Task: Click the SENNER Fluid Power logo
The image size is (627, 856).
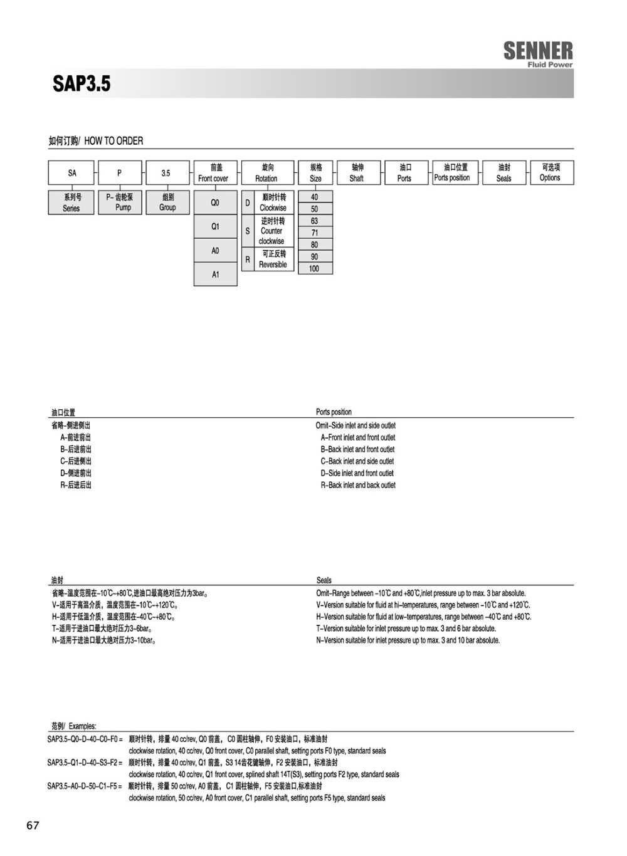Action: click(538, 53)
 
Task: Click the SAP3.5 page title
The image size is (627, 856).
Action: click(82, 83)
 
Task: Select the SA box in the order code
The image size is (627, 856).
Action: click(72, 173)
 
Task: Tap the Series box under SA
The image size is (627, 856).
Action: click(71, 202)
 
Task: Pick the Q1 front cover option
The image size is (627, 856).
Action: click(215, 227)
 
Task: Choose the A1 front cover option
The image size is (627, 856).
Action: click(215, 274)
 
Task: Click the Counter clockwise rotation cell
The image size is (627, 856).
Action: click(273, 231)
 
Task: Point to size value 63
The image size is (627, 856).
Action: click(314, 221)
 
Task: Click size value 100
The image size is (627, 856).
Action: click(314, 269)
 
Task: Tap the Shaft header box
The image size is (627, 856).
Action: click(357, 173)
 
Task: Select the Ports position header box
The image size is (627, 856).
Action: click(452, 173)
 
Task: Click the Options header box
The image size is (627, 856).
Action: click(550, 173)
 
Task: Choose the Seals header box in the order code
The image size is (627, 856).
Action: click(504, 173)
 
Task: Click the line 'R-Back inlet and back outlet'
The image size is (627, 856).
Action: click(358, 485)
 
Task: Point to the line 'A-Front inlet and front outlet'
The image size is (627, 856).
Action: click(358, 437)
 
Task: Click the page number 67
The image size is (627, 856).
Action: click(33, 825)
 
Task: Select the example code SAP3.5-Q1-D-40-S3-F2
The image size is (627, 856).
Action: click(85, 763)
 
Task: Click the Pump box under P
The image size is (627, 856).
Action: click(120, 202)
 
